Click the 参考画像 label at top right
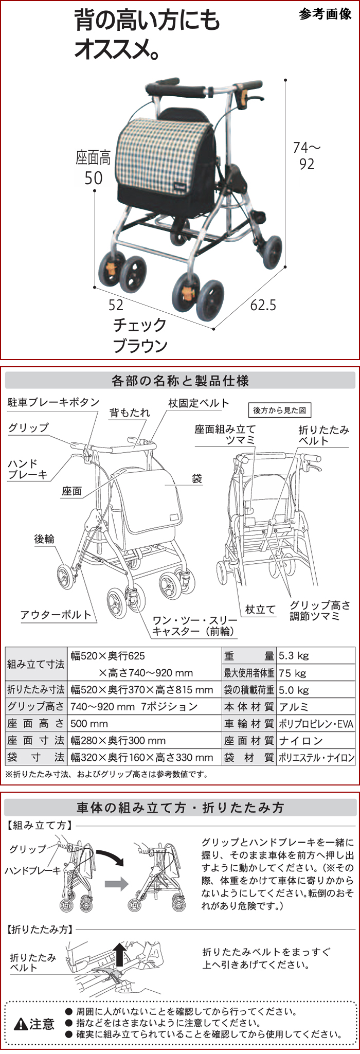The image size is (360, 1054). point(325,14)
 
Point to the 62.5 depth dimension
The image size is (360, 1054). point(263,305)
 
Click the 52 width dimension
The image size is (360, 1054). point(116,305)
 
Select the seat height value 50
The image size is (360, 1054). point(93,178)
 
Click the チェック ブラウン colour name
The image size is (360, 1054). point(140,335)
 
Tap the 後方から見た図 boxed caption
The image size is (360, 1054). point(279,410)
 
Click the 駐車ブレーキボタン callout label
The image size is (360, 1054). point(53,402)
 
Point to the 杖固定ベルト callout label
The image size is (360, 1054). point(199,403)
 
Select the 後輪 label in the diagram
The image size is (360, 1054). point(44,539)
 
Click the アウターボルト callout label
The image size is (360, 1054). point(56,615)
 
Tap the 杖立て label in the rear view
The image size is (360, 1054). point(260,610)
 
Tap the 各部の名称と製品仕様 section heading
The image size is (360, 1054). point(180,381)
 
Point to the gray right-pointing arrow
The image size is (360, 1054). point(116,884)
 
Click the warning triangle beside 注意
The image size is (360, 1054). point(21,1025)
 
